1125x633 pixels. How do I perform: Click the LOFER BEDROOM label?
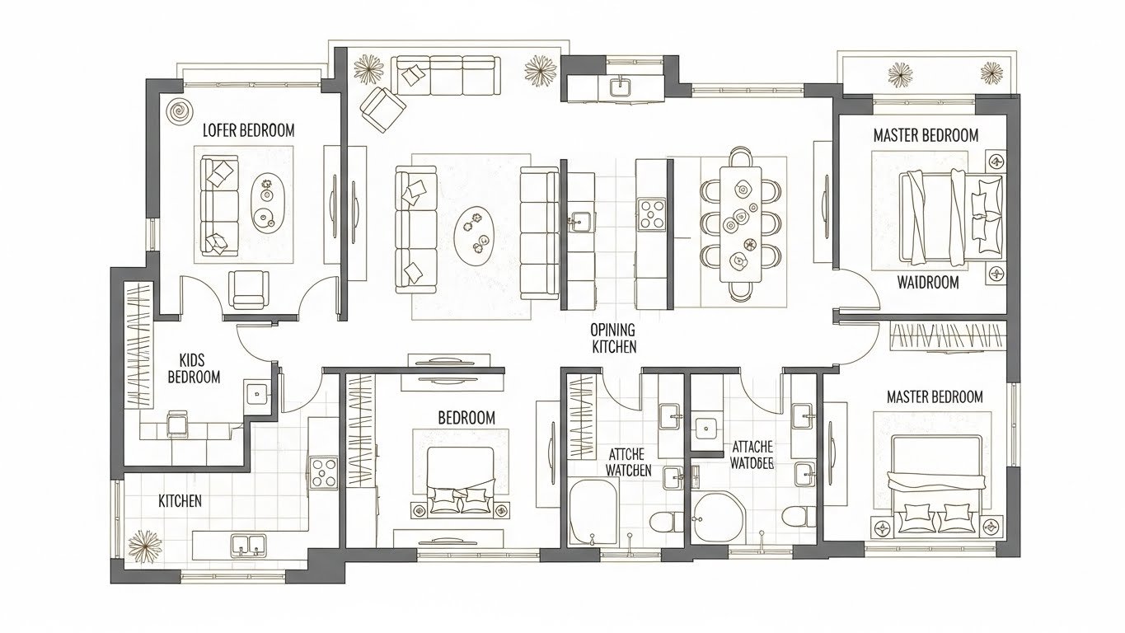coord(248,130)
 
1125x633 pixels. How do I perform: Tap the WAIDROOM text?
coord(928,283)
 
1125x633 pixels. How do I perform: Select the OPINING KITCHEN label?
coord(613,339)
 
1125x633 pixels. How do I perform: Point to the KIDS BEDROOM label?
coord(194,368)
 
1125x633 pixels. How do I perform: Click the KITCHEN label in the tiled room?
coord(180,501)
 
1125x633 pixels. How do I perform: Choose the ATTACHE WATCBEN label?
coord(629,462)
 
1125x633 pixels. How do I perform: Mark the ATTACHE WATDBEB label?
coord(752,455)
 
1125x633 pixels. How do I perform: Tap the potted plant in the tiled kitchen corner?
coord(145,546)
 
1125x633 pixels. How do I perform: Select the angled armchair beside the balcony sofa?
coord(381,110)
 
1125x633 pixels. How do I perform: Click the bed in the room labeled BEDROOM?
coord(461,481)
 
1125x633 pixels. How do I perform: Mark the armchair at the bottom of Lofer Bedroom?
coord(248,290)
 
